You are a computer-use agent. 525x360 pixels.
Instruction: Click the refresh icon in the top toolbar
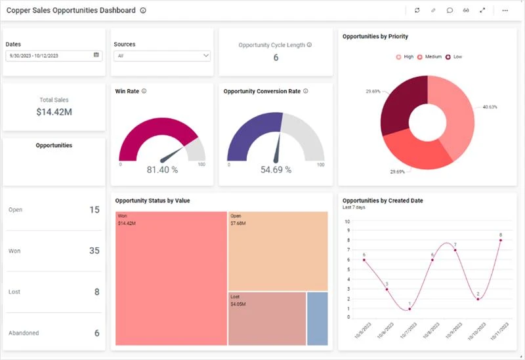(x=417, y=10)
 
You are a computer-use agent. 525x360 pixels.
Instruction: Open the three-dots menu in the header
(x=505, y=10)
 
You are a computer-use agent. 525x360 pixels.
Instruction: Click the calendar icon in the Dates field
(x=96, y=55)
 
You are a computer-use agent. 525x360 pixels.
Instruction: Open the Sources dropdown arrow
(x=205, y=56)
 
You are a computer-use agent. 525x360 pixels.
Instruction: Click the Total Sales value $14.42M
(x=54, y=112)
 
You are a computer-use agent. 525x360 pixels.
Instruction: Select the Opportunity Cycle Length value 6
(x=276, y=58)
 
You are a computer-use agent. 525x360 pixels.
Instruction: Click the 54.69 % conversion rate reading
(x=276, y=170)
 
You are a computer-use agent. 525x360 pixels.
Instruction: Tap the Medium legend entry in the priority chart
(x=429, y=57)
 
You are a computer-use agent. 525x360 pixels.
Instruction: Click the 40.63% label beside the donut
(x=490, y=107)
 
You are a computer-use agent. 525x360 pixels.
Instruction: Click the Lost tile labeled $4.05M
(x=266, y=318)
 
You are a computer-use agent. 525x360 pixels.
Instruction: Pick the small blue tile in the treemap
(x=318, y=318)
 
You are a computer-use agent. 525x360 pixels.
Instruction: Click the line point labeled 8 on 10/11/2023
(x=501, y=241)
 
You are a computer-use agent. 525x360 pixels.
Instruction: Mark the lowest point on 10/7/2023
(x=409, y=309)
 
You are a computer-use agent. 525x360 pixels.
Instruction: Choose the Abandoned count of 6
(x=96, y=333)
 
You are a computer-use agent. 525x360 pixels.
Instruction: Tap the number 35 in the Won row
(x=94, y=251)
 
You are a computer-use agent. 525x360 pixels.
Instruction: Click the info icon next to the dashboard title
(x=143, y=10)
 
